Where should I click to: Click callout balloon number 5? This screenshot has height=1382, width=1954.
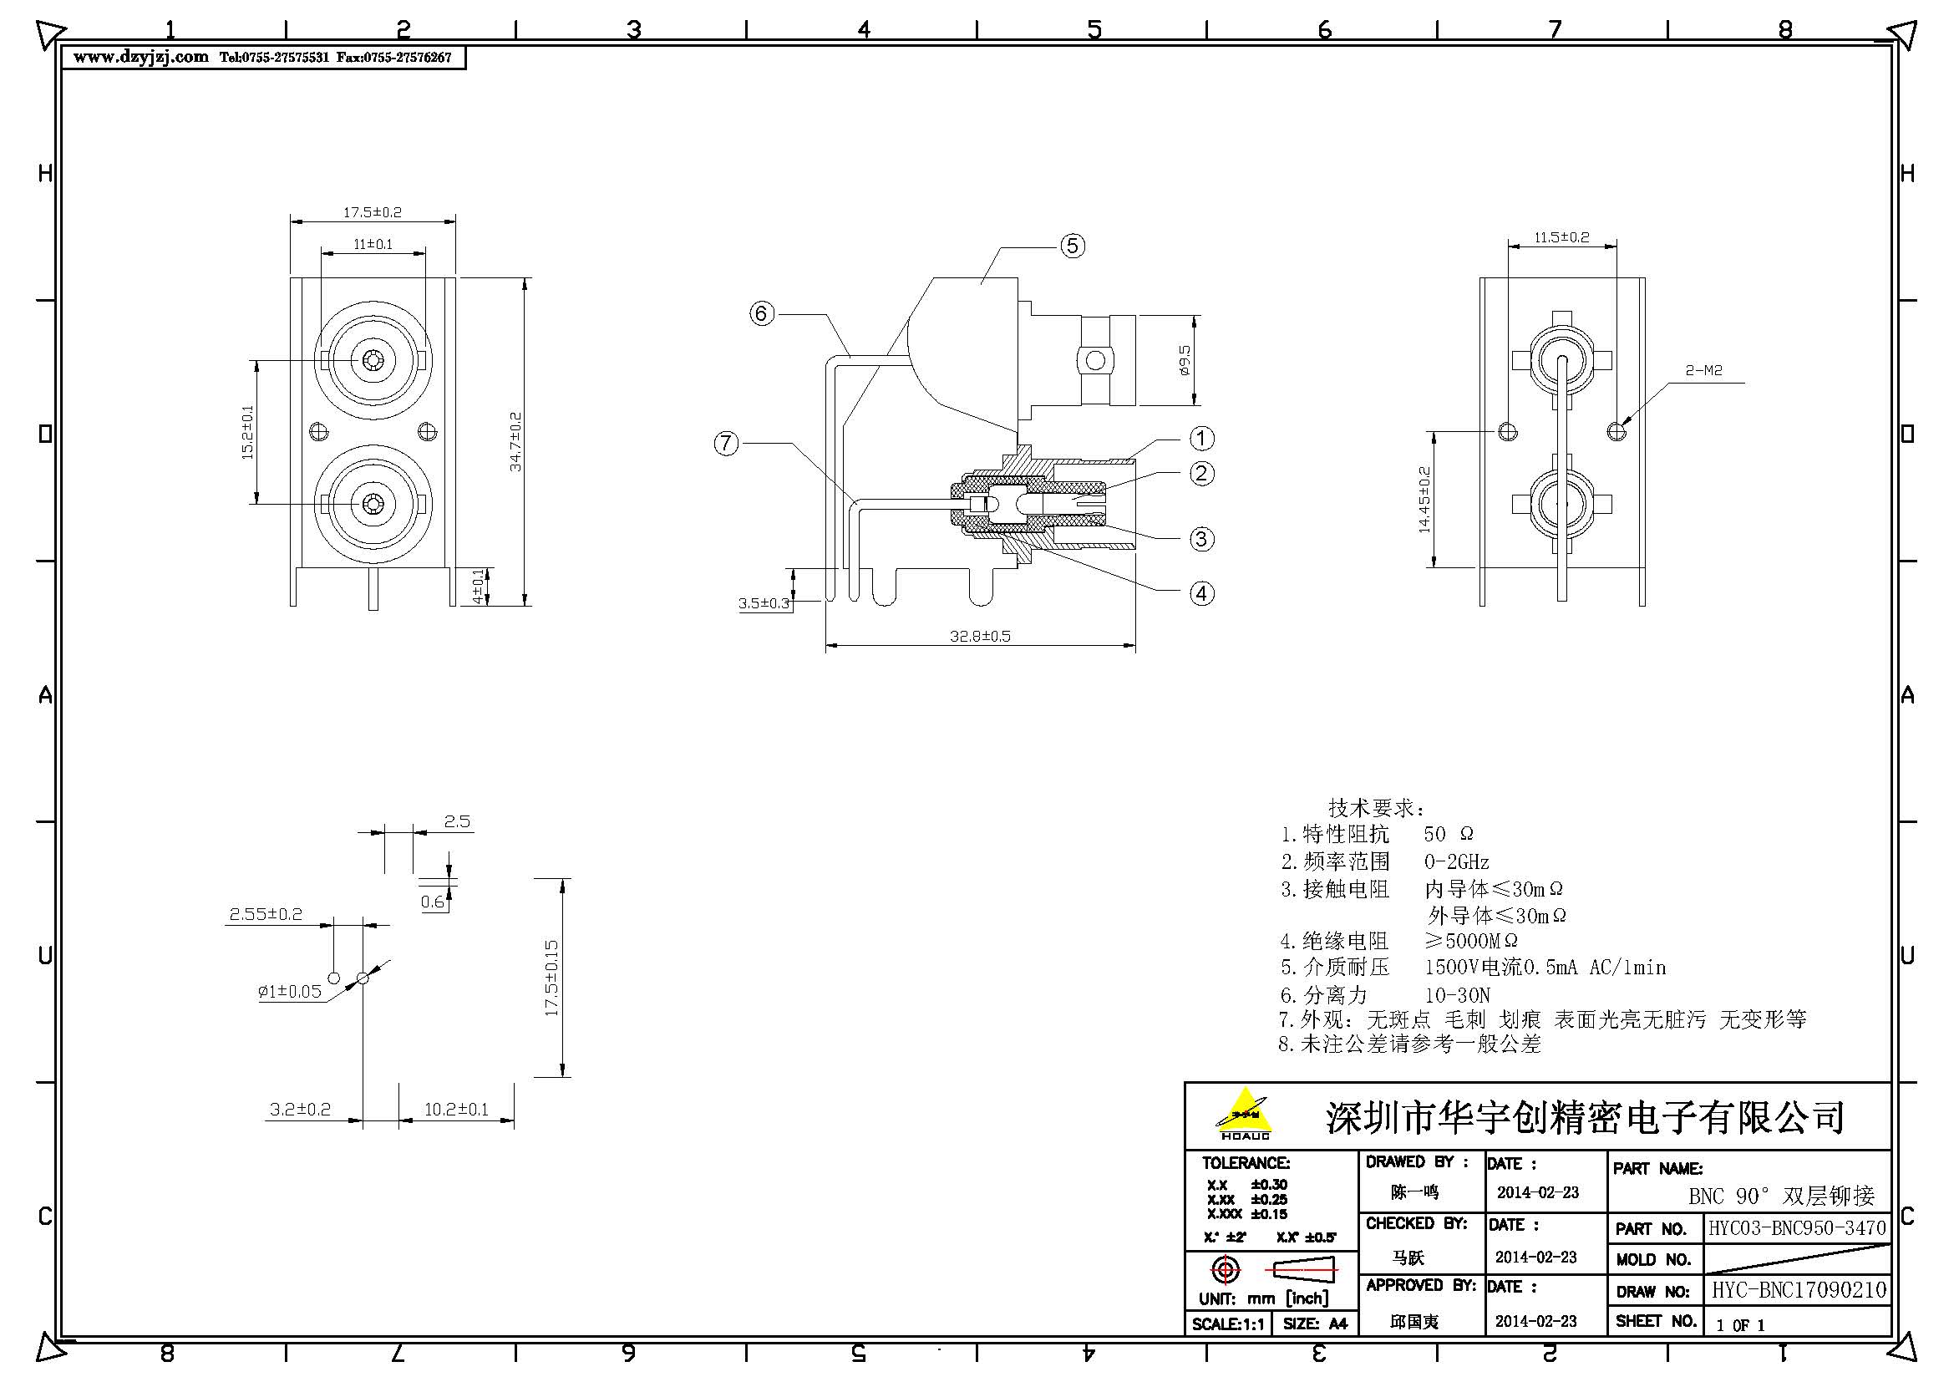coord(1073,246)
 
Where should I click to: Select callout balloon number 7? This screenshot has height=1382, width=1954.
coord(726,444)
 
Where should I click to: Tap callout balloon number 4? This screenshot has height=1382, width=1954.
coord(1201,593)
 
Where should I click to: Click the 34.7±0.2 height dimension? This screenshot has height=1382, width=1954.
coord(515,442)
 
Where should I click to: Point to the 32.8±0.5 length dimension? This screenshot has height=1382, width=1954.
coord(980,636)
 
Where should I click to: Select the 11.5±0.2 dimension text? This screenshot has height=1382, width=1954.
coord(1561,237)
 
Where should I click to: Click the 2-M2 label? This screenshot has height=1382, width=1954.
coord(1703,370)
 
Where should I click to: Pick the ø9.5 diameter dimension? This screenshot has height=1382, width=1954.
coord(1184,360)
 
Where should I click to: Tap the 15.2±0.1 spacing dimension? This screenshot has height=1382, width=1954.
coord(247,432)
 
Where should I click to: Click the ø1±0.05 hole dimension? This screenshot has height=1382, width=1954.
coord(289,992)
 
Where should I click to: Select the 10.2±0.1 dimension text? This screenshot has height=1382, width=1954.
coord(456,1109)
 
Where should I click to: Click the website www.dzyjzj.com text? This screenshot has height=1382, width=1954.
coord(140,57)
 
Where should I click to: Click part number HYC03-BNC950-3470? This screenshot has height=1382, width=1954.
coord(1797,1228)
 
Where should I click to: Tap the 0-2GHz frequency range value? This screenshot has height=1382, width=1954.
coord(1456,861)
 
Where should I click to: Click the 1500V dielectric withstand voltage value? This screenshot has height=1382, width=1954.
coord(1452,968)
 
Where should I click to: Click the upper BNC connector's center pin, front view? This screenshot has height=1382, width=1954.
coord(373,361)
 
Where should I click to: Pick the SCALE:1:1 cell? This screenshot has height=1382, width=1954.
coord(1227,1324)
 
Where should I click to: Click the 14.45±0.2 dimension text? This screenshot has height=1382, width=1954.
coord(1424,500)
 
